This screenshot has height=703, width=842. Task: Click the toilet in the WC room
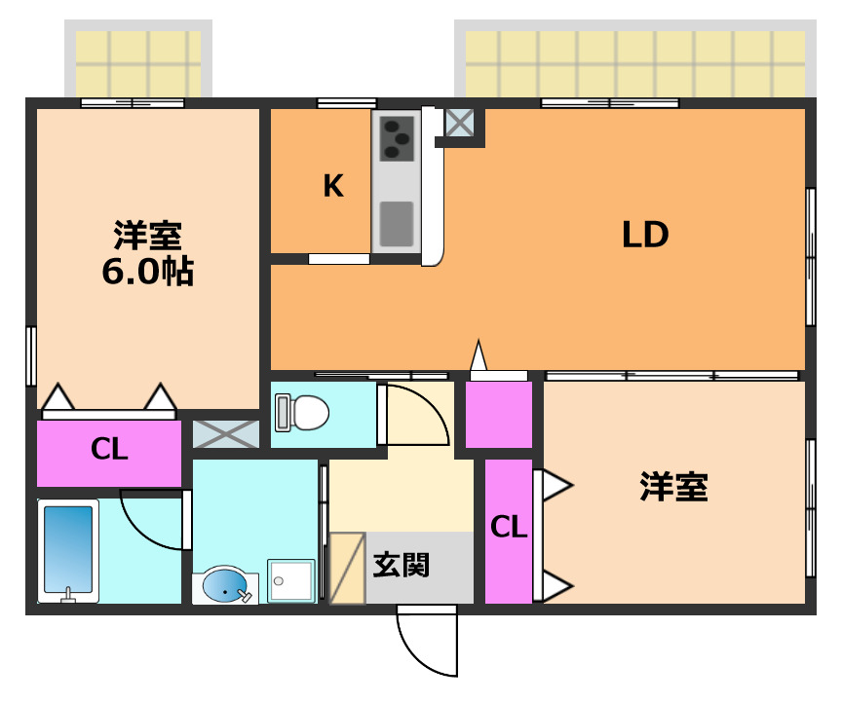click(303, 413)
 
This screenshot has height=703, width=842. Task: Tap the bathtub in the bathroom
click(70, 549)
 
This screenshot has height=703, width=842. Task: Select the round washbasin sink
click(225, 586)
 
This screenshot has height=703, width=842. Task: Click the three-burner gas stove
click(396, 137)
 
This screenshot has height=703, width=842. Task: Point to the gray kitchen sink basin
click(396, 223)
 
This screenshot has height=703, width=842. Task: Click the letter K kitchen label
click(333, 186)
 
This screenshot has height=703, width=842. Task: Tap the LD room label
click(645, 235)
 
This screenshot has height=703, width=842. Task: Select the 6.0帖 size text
click(148, 273)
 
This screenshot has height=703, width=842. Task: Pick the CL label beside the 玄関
click(508, 527)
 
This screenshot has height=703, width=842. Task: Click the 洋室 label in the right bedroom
click(673, 487)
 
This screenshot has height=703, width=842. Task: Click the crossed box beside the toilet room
click(226, 434)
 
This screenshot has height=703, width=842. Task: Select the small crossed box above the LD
click(459, 123)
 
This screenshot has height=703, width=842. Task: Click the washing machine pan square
click(291, 581)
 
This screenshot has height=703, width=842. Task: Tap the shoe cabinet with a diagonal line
click(347, 568)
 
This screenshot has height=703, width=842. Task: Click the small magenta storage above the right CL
click(499, 415)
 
